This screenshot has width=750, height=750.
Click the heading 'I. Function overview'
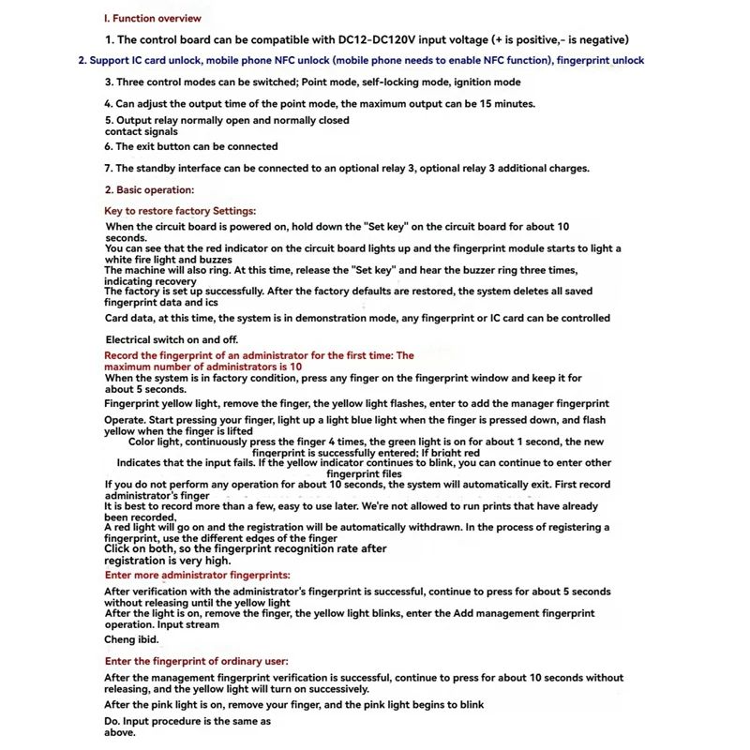[152, 18]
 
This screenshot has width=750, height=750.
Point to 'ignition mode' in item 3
[487, 82]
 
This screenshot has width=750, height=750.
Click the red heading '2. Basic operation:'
[149, 189]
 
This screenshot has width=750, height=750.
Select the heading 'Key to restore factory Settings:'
[179, 211]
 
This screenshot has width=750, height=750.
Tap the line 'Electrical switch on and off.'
[172, 339]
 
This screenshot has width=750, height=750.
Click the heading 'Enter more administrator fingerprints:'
[197, 574]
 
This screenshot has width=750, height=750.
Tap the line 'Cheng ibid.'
[131, 639]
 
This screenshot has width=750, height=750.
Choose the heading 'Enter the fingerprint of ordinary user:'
[196, 661]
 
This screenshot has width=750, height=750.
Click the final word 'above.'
[120, 732]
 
